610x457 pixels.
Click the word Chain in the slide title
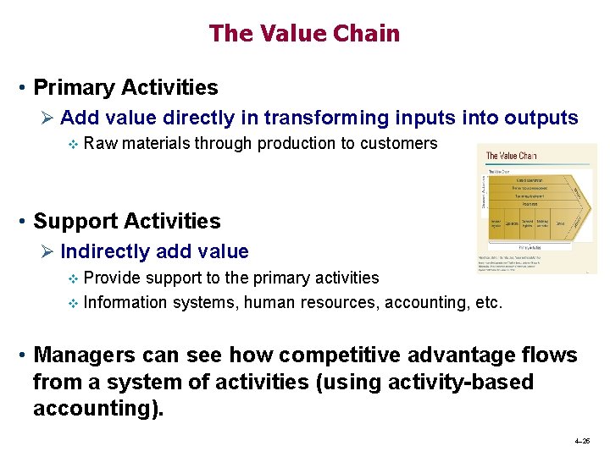point(367,34)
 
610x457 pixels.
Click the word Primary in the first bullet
point(75,87)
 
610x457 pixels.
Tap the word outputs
point(537,118)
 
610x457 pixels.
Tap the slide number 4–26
point(582,442)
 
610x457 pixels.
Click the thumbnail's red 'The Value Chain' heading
point(511,156)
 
